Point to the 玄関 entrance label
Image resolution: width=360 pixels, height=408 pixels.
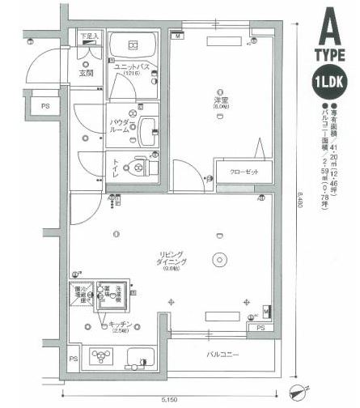point(86,74)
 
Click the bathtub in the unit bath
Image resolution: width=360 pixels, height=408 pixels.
point(134,45)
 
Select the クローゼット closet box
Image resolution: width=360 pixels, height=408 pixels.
point(240,172)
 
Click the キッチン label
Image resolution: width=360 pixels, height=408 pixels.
point(121,327)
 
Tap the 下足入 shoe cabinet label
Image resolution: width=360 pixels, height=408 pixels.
point(89,36)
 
